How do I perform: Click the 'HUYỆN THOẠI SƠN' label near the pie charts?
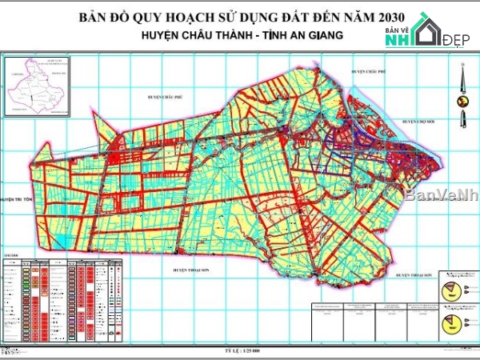pos(413,274)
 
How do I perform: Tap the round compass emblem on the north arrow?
pos(462,101)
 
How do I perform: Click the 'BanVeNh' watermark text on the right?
pos(440,194)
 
